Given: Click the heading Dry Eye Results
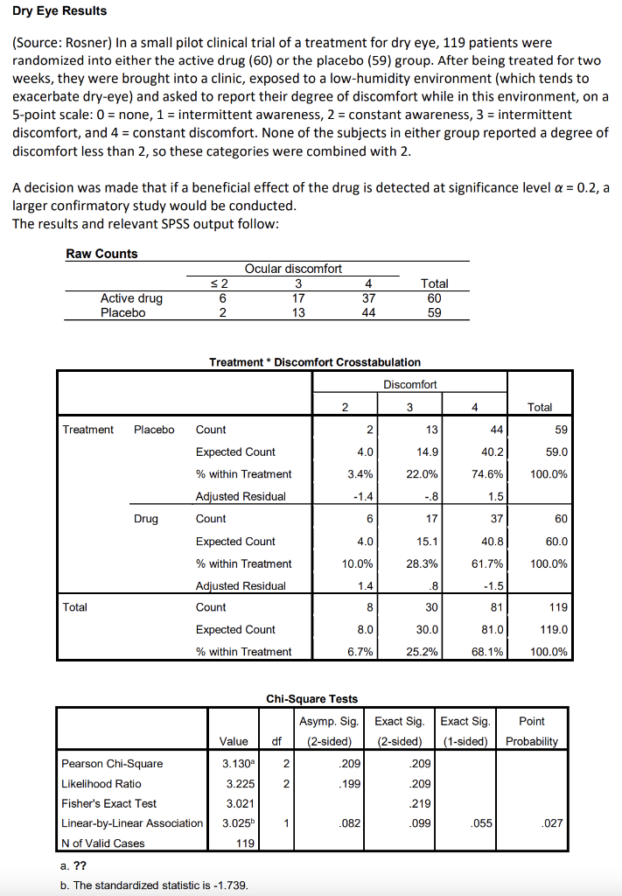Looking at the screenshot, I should (x=59, y=11).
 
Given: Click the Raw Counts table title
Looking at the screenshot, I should (x=101, y=254).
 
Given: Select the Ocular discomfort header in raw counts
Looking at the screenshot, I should (x=293, y=269).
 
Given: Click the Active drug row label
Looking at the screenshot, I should (x=131, y=298).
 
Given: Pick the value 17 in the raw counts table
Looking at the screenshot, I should (x=298, y=298).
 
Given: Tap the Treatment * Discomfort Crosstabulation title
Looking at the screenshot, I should (x=315, y=361).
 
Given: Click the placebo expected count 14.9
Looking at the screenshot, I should (x=429, y=451).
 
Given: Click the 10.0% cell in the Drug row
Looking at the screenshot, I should (x=359, y=563).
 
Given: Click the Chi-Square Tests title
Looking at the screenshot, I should (x=311, y=698).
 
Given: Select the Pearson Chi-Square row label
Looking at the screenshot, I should (x=112, y=764).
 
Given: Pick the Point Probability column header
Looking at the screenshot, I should (x=531, y=731).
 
